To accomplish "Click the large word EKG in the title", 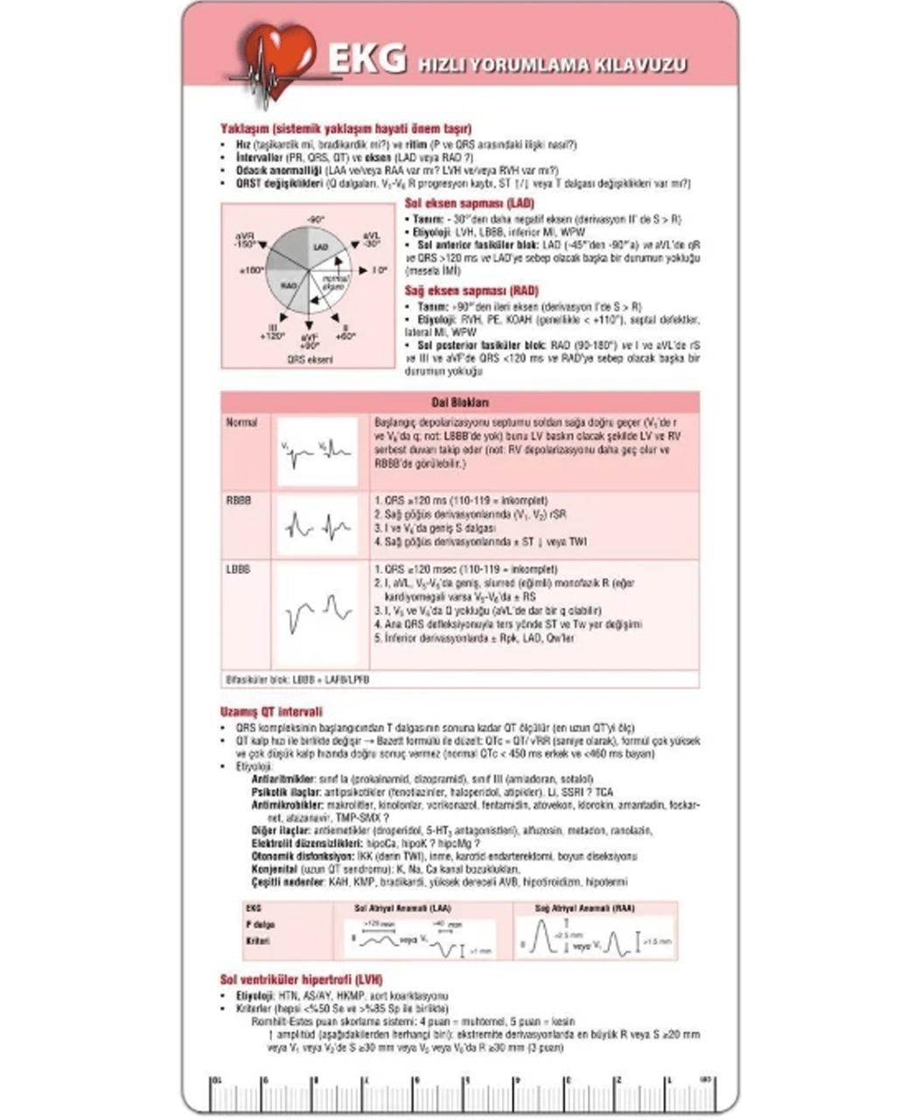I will pyautogui.click(x=367, y=59).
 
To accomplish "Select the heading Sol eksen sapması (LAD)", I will pyautogui.click(x=471, y=203).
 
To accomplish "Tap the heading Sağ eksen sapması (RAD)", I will pyautogui.click(x=471, y=290).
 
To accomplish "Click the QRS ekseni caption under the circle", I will pyautogui.click(x=309, y=359).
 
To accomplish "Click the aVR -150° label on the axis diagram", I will pyautogui.click(x=245, y=241).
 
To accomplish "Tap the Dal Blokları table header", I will pyautogui.click(x=460, y=402).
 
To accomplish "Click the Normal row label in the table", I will pyautogui.click(x=241, y=423).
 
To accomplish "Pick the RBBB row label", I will pyautogui.click(x=239, y=500).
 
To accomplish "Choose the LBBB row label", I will pyautogui.click(x=238, y=570).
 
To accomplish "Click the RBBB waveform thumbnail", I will pyautogui.click(x=318, y=526).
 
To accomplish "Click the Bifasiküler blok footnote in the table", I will pyautogui.click(x=297, y=679).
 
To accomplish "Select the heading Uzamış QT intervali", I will pyautogui.click(x=271, y=712).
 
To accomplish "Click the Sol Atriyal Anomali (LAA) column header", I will pyautogui.click(x=403, y=908).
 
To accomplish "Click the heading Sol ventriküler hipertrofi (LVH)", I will pyautogui.click(x=301, y=980).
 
